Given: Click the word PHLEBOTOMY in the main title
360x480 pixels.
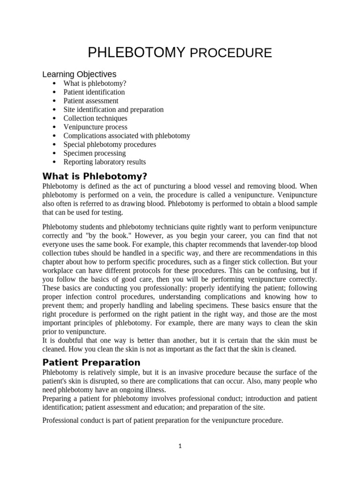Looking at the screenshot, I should (136, 52).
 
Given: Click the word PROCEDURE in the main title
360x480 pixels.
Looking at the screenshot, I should (231, 53).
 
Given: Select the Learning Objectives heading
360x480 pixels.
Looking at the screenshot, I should (79, 75).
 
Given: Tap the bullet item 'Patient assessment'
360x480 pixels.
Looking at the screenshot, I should (91, 101).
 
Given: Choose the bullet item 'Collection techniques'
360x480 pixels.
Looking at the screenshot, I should (95, 118).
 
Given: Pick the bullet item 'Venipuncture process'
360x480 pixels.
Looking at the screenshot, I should (95, 127).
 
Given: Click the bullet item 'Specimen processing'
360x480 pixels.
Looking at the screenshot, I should (95, 153).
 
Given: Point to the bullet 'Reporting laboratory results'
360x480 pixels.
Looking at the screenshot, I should (105, 162).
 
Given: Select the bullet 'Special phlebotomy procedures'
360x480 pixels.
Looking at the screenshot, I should (110, 144).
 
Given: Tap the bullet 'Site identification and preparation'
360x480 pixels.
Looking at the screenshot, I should (113, 110).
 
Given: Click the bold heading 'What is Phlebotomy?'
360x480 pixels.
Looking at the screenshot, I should (95, 176).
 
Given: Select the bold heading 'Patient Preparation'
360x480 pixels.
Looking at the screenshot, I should (91, 362).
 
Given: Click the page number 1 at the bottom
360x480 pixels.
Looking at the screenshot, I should (180, 446).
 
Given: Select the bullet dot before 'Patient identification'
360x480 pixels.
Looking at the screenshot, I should (55, 92).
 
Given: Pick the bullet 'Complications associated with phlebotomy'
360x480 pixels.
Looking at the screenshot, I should (127, 136).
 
